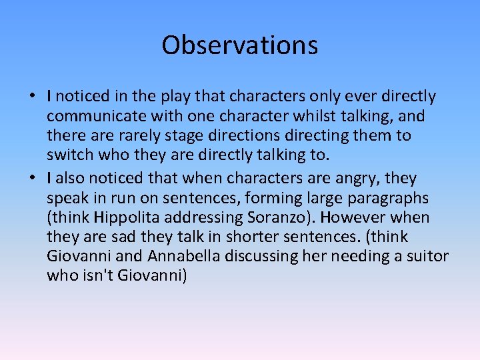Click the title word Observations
click(239, 45)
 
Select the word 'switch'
click(68, 155)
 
